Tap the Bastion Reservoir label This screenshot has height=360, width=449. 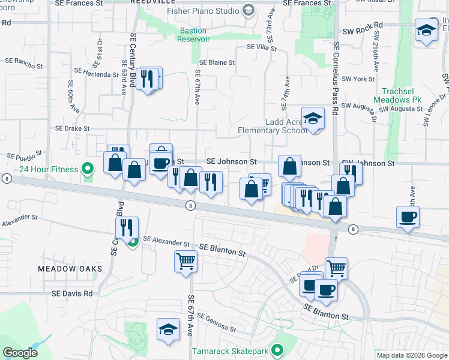tap(193, 34)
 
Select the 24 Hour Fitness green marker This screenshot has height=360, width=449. tap(88, 169)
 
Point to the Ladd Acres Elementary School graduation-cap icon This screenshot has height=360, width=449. tap(313, 118)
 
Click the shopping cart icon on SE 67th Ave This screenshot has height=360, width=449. tap(186, 261)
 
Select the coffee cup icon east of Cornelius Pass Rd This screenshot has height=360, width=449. tap(408, 217)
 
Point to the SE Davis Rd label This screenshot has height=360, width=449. tap(72, 293)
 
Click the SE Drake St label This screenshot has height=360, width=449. tap(72, 128)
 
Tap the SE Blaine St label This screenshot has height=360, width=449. tap(217, 62)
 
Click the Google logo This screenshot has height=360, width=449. tap(20, 353)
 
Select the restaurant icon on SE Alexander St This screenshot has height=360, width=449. tap(127, 227)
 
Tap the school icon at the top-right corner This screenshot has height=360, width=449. tap(426, 30)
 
